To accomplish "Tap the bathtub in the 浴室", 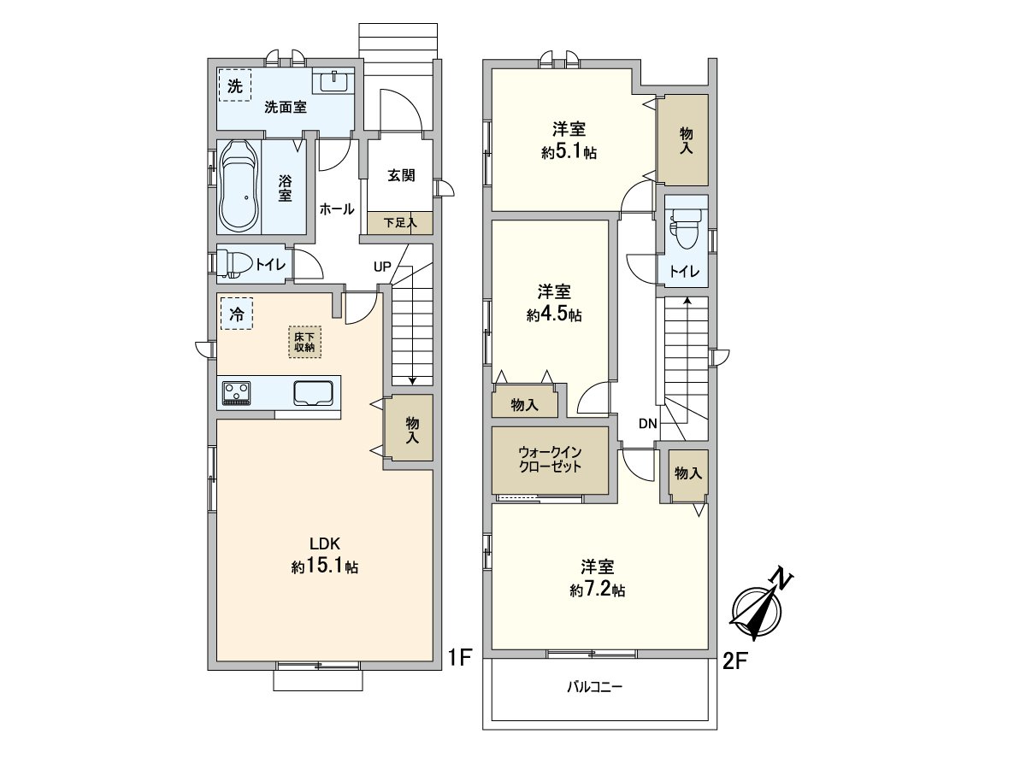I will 239,185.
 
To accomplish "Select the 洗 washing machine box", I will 234,85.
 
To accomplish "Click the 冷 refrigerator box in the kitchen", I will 236,314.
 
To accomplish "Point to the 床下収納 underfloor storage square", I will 304,341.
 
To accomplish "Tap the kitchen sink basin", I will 314,393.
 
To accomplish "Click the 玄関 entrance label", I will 401,175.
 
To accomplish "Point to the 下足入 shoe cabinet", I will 399,222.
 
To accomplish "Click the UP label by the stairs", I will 381,267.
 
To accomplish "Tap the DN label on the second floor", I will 647,424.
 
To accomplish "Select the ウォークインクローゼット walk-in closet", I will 550,460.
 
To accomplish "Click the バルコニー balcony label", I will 594,687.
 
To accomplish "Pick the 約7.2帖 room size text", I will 597,590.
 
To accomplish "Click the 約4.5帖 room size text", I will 554,315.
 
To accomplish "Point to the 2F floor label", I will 735,660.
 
